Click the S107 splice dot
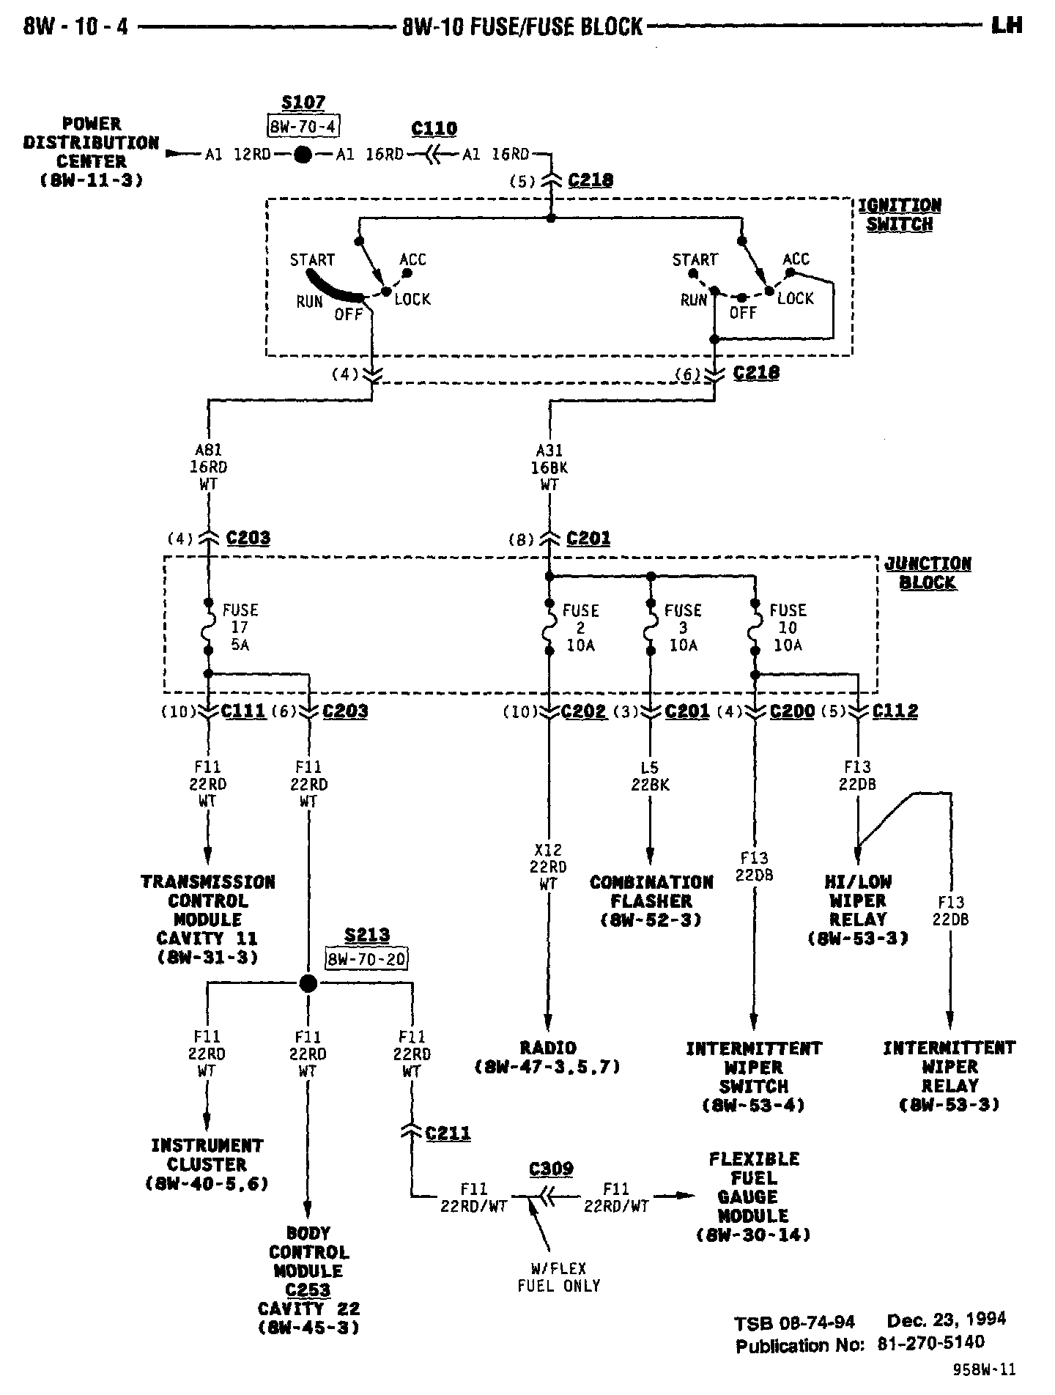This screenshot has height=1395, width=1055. pos(303,155)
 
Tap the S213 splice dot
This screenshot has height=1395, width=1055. pos(308,984)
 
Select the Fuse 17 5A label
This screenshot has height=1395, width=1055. pos(240,628)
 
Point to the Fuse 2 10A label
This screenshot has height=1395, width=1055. pos(580,628)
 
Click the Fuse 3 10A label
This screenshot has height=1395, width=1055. pos(683,628)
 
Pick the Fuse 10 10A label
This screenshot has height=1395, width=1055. pos(788,628)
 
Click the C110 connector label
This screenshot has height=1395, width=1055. pos(434,130)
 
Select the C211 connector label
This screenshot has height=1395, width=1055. pos(448,1133)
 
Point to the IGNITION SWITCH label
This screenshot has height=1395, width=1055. pos(900,215)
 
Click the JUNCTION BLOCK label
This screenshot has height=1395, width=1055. pos(928,573)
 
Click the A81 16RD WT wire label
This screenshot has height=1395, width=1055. pos(208,467)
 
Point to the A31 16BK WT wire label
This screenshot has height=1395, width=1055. pos(549,467)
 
